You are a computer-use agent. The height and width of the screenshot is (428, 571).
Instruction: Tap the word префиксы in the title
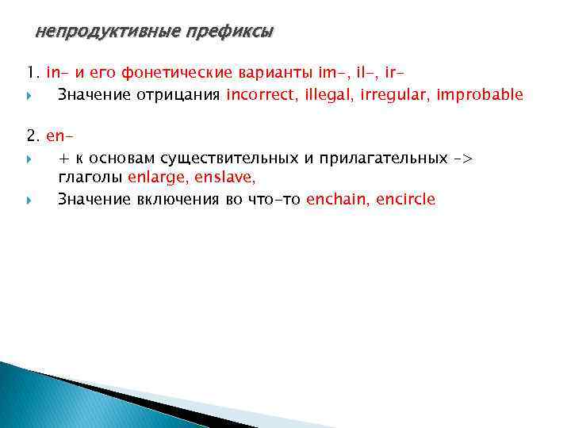click(229, 32)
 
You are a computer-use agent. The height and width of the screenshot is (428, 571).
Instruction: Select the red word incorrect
click(258, 95)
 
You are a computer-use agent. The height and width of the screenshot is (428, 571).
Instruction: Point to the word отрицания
click(184, 95)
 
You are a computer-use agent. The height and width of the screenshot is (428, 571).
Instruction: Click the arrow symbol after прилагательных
click(463, 158)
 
